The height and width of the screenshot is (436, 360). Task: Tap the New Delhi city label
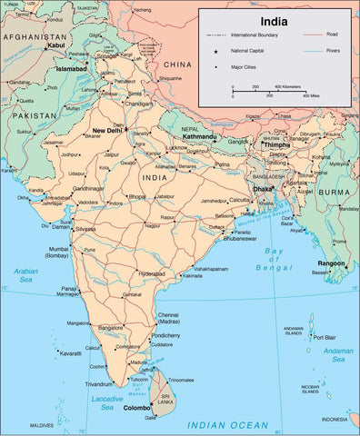(x=107, y=131)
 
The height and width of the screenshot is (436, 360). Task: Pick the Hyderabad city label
(x=151, y=272)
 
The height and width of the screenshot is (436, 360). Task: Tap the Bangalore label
(x=110, y=327)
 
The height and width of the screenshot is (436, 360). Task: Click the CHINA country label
(x=179, y=64)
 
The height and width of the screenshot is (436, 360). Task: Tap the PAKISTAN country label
(x=34, y=117)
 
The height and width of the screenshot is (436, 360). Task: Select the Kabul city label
(x=56, y=44)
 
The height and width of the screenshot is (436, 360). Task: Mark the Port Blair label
(x=325, y=337)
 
